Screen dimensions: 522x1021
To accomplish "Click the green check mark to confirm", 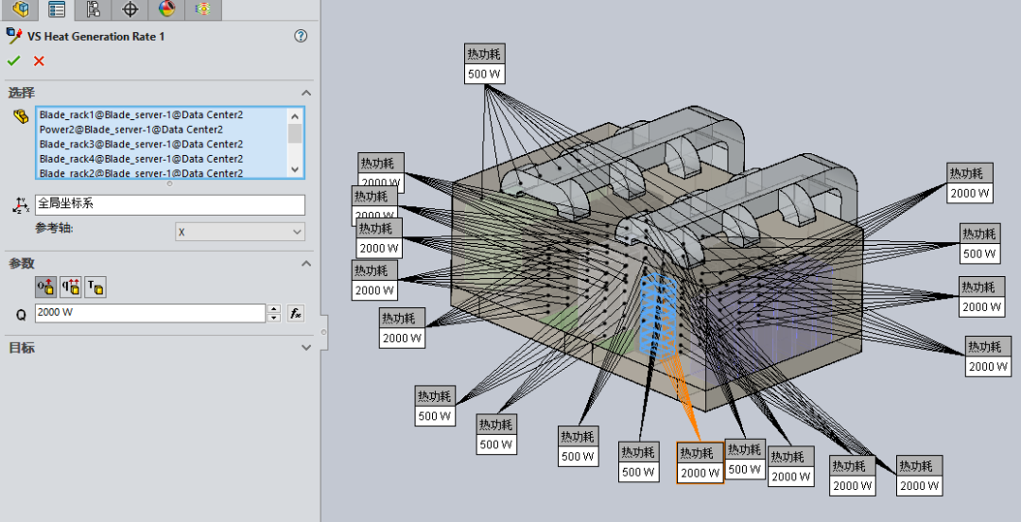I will tap(13, 61).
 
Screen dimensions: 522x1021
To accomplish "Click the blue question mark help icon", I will tap(301, 36).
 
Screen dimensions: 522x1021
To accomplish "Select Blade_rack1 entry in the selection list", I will tap(141, 114).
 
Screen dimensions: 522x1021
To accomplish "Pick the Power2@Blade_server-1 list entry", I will tap(130, 130).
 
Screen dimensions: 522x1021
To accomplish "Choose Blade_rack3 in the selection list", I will tap(141, 144).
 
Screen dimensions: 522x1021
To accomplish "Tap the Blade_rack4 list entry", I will tap(141, 159).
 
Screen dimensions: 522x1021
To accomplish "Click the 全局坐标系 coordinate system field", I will tap(169, 204).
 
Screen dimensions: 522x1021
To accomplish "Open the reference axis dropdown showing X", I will tap(239, 232).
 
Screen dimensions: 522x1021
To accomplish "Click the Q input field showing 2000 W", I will tap(150, 313).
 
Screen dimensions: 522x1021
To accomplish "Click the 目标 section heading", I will tap(22, 348).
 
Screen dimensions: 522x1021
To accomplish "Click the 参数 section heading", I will tap(22, 263).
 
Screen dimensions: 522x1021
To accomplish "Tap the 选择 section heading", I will tap(22, 93).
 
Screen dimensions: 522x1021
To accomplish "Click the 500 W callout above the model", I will tap(483, 74).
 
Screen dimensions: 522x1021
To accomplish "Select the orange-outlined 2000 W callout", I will tap(700, 473).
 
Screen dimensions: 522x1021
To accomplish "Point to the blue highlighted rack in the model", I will tap(657, 312).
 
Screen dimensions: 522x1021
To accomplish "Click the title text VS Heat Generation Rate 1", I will tap(96, 36).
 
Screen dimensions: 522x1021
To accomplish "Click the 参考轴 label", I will tap(54, 229).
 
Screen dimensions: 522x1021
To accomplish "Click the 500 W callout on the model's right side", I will tap(978, 253).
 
